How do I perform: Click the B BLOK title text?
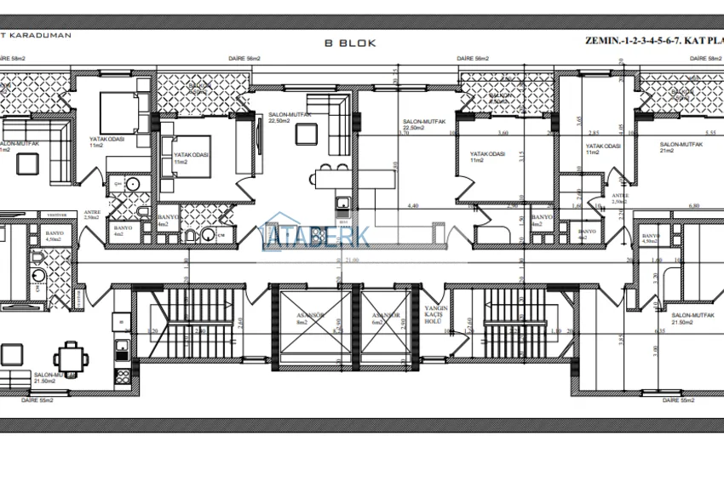coord(350,42)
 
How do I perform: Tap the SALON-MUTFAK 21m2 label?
coord(678,148)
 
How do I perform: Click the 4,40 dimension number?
coord(413,206)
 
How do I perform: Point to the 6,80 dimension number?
coord(693,206)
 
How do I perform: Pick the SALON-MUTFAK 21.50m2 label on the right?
coord(691,319)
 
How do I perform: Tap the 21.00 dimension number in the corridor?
coord(353,261)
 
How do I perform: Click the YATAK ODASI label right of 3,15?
coord(487,157)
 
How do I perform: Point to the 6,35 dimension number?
coord(660,331)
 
